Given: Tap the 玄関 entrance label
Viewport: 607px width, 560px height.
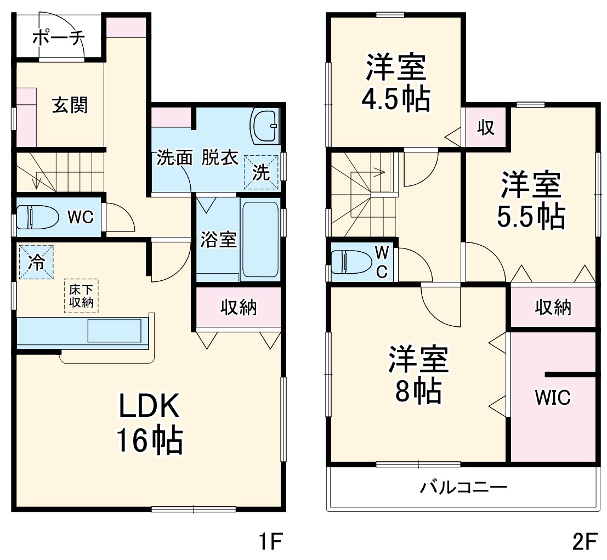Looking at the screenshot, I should click(x=70, y=104).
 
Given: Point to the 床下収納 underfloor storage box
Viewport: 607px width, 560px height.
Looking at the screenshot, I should click(x=81, y=295).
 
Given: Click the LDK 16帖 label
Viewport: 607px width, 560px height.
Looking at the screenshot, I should click(x=149, y=424).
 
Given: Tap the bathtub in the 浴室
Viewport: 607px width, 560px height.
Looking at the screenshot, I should click(x=260, y=239).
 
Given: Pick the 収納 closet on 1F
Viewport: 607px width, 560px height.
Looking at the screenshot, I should click(x=238, y=308).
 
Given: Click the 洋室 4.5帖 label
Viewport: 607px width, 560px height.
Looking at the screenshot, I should click(x=395, y=83).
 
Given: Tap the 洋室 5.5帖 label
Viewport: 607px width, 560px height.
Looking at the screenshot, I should click(x=530, y=201).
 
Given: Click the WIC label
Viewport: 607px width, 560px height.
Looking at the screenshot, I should click(x=553, y=397).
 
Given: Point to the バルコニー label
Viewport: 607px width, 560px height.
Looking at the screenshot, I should click(x=463, y=487).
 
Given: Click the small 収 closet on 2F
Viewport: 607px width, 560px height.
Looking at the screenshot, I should click(x=485, y=128).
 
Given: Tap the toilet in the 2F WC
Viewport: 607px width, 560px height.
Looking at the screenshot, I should click(x=351, y=261).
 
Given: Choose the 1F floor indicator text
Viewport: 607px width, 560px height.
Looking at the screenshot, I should click(x=270, y=542).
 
